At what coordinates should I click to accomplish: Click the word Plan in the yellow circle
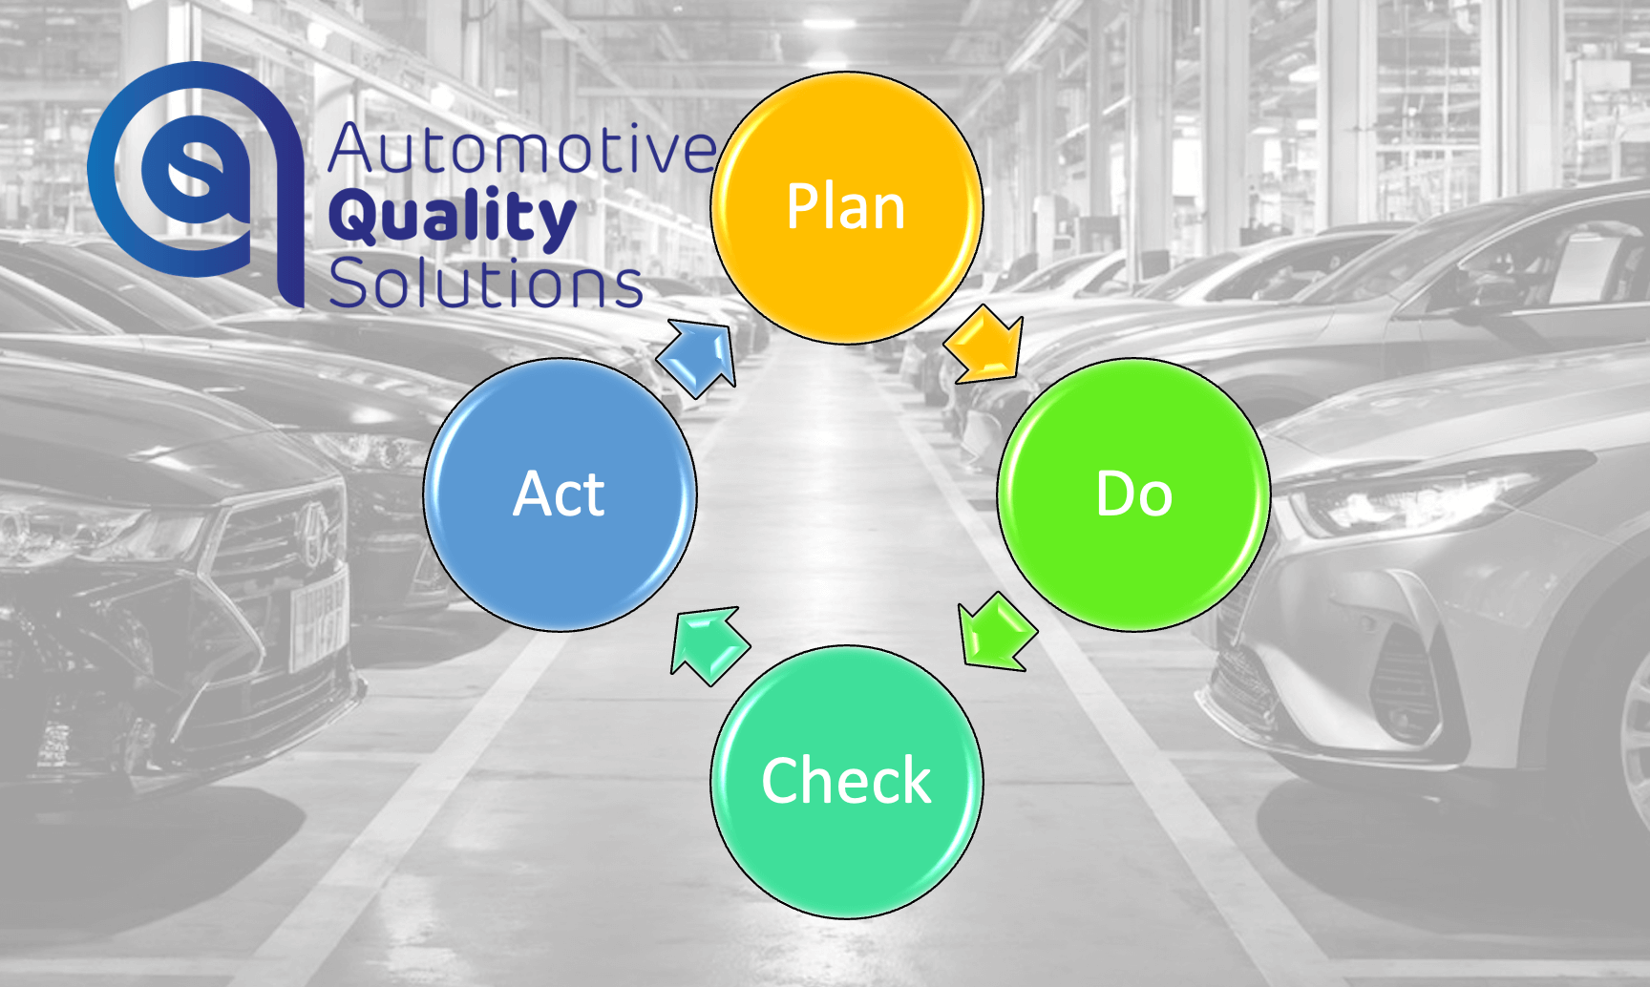coord(846,206)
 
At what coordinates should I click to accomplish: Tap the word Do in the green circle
coord(1134,494)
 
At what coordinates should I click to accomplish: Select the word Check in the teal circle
coord(846,781)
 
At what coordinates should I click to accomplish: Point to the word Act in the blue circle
coord(559,494)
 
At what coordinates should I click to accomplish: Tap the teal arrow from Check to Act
coord(709,645)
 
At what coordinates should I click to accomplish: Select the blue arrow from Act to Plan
coord(697,358)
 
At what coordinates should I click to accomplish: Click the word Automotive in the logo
coord(522,149)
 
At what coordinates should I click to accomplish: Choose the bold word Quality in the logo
coord(453,219)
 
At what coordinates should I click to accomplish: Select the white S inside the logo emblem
coord(196,172)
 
